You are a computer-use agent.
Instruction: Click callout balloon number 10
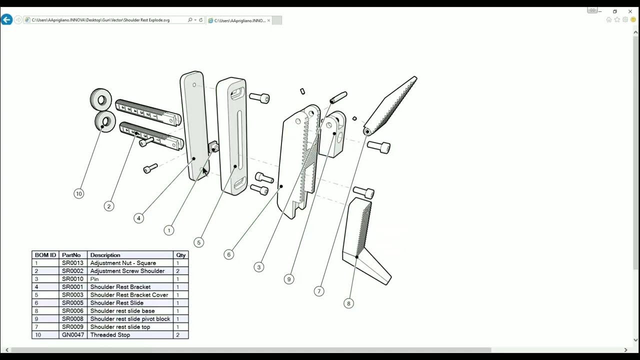78,193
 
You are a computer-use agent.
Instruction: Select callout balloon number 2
108,206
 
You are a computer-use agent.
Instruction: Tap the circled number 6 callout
228,254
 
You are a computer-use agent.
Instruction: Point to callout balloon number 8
348,303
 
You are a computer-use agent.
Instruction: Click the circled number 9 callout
288,279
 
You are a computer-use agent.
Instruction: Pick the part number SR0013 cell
72,263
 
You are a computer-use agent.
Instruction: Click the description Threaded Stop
110,335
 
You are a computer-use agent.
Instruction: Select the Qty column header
180,255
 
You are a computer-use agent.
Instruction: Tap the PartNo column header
71,255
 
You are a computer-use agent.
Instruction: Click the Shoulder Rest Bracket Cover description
129,295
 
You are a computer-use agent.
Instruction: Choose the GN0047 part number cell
73,335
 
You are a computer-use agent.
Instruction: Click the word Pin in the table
94,279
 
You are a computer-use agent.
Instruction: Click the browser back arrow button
6,20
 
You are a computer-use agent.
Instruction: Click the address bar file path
100,20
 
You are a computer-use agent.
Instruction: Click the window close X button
630,11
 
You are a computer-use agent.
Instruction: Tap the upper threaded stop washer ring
101,99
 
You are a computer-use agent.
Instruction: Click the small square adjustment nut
213,147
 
